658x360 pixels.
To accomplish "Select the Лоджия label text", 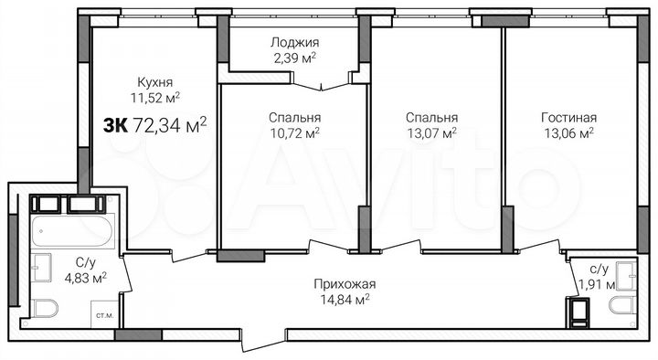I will pos(294,42).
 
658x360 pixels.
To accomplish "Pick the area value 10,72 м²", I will pos(294,132).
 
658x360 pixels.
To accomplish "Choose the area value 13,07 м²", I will pos(431,132).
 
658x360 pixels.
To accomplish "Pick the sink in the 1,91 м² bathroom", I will pos(625,271).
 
